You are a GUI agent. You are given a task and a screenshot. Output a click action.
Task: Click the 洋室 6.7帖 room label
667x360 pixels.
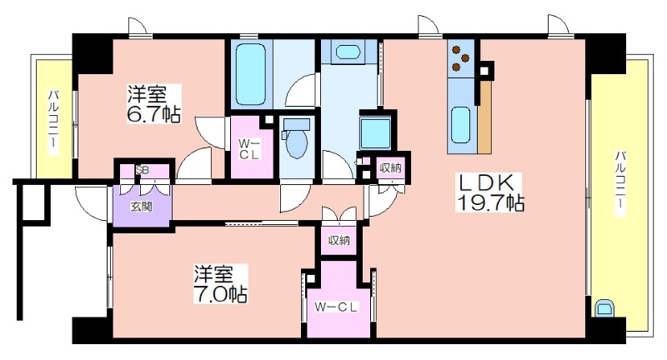pyautogui.click(x=154, y=103)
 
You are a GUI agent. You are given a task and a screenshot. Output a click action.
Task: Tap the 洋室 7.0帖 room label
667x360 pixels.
pyautogui.click(x=220, y=283)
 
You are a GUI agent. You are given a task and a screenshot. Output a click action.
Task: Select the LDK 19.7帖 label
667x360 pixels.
pyautogui.click(x=489, y=192)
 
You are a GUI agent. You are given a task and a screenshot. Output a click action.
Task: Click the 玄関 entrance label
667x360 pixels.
pyautogui.click(x=141, y=207)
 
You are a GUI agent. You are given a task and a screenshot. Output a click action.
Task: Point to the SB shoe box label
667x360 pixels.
pyautogui.click(x=142, y=170)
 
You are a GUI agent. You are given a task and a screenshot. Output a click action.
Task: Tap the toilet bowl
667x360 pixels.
pyautogui.click(x=297, y=139)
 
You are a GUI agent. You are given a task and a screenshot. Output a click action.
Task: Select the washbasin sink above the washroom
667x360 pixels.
pyautogui.click(x=349, y=52)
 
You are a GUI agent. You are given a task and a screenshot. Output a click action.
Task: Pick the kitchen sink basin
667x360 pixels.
pyautogui.click(x=460, y=125)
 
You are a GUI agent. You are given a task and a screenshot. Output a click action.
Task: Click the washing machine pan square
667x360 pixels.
pyautogui.click(x=375, y=133)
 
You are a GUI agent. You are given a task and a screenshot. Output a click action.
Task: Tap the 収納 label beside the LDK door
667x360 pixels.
pyautogui.click(x=390, y=167)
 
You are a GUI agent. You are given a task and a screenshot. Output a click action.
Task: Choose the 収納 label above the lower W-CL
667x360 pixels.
pyautogui.click(x=339, y=240)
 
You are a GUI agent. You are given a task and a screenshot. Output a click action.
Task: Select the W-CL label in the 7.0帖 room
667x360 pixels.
pyautogui.click(x=336, y=307)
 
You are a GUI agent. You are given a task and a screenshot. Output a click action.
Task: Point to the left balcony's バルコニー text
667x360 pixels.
pyautogui.click(x=53, y=118)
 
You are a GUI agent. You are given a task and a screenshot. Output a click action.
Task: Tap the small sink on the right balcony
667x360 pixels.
pyautogui.click(x=603, y=308)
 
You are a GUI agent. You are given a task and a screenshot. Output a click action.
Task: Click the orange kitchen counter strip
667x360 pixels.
pyautogui.click(x=484, y=117)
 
